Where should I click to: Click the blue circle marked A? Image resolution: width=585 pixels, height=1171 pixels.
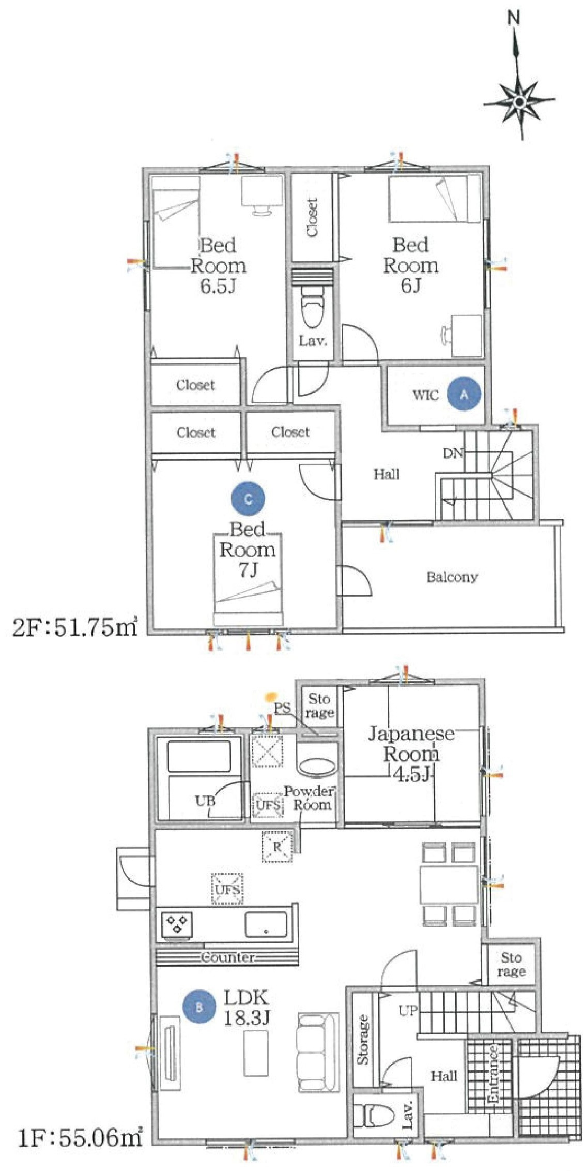click(464, 394)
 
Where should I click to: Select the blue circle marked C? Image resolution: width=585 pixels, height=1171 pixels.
click(248, 499)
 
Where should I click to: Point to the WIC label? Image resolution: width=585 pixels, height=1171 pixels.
click(425, 395)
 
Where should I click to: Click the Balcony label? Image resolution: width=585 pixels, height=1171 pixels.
click(452, 577)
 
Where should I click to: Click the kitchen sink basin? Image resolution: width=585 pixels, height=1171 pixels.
click(266, 924)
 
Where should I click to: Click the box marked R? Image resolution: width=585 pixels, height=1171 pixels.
click(278, 847)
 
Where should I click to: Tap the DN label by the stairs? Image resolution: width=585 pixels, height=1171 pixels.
click(453, 453)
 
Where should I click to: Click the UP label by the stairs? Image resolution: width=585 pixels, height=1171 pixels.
click(407, 1010)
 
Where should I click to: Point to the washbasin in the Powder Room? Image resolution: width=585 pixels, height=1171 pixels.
click(317, 767)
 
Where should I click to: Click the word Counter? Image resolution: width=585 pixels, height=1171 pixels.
click(228, 957)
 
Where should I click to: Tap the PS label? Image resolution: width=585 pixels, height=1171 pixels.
click(282, 708)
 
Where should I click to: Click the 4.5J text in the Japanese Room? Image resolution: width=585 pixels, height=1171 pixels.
click(412, 774)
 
